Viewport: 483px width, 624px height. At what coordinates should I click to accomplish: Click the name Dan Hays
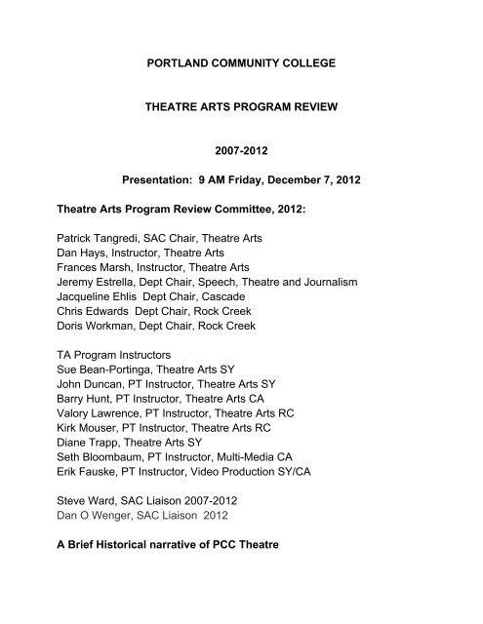(81, 252)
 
